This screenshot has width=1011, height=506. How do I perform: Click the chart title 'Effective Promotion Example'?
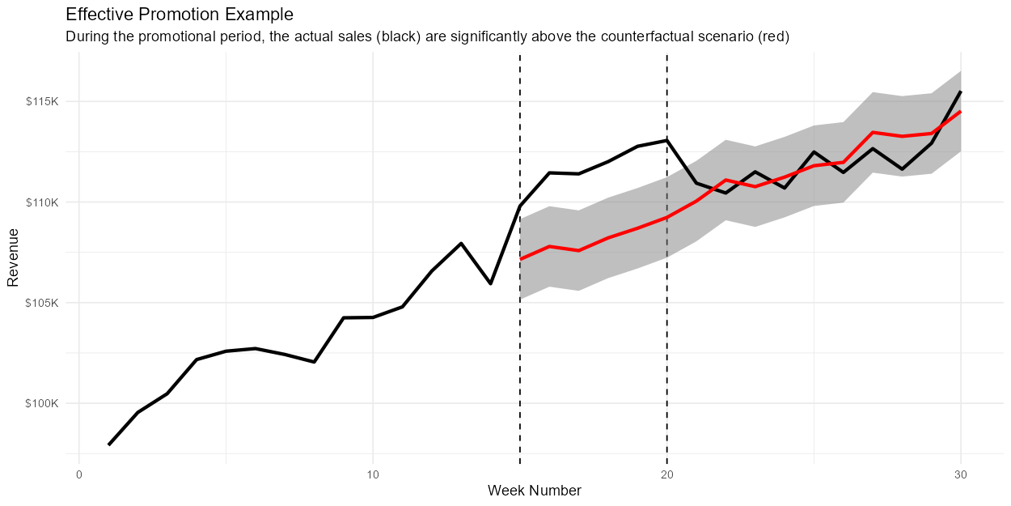coord(180,15)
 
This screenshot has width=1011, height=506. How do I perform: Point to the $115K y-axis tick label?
coord(42,102)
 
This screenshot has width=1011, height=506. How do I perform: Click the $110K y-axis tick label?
coord(42,202)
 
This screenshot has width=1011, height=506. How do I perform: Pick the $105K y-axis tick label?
coord(42,303)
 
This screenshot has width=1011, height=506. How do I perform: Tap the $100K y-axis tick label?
coord(42,403)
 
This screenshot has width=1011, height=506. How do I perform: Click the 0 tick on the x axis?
coord(79,474)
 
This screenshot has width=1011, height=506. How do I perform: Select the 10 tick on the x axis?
coord(373,474)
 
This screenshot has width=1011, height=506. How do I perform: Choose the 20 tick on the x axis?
coord(667,474)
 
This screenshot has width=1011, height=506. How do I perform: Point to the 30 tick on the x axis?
coord(961,474)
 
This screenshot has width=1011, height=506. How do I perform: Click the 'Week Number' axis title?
coord(535,491)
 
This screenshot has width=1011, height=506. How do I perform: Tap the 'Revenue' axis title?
coord(13,257)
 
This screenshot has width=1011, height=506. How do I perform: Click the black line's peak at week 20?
coord(667,140)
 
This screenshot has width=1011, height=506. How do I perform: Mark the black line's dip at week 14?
coord(491,283)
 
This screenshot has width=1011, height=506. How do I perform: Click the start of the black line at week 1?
coord(108,445)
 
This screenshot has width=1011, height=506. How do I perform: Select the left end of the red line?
coord(520,259)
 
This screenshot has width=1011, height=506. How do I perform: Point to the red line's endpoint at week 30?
coord(961,111)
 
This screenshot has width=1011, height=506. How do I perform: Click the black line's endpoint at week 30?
coord(961,91)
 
